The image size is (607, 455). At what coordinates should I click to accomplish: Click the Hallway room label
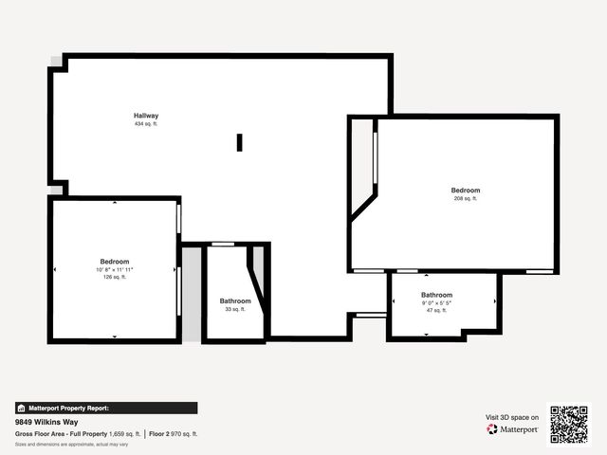point(145,116)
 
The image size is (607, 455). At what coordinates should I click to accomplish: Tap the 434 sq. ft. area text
point(145,124)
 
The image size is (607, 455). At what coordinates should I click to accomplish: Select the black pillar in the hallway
point(239,142)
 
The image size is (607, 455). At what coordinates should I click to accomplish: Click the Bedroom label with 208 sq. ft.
point(466,191)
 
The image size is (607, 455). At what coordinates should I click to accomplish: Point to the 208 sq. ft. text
point(466,199)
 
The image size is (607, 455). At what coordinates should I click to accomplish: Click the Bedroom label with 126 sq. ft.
point(115,261)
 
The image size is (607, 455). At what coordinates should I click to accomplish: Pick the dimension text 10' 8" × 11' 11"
point(115,269)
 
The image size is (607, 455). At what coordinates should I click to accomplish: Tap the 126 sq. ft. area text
point(115,278)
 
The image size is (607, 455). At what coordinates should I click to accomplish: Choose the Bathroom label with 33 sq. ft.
point(235,300)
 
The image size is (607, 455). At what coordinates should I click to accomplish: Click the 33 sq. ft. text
point(235,309)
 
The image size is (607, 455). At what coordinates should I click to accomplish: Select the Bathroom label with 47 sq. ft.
point(437,294)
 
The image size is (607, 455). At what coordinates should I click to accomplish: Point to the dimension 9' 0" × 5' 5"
point(437,302)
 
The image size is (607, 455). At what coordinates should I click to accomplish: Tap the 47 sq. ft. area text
point(437,311)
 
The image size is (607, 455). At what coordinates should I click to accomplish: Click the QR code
point(569,425)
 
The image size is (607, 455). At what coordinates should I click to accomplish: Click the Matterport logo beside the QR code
point(513,429)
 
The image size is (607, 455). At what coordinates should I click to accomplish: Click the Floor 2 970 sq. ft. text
point(174,433)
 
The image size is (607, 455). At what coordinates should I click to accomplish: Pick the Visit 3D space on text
point(512,417)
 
